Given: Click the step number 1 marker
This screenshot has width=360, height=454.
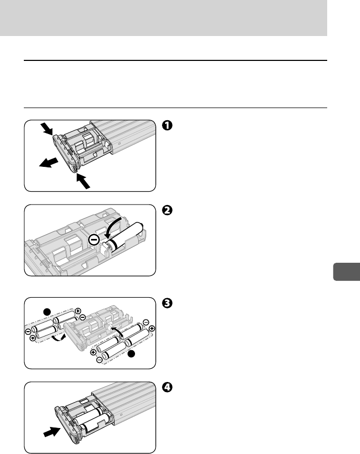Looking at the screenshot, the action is click(167, 126).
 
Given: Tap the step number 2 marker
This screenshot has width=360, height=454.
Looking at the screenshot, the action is click(167, 210).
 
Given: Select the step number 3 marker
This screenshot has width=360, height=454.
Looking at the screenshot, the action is click(167, 303).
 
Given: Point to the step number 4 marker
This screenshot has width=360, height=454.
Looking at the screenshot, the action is click(167, 387).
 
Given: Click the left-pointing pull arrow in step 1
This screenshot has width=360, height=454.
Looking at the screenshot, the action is click(49, 163).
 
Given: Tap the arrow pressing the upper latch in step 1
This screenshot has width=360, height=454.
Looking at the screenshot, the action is click(46, 129).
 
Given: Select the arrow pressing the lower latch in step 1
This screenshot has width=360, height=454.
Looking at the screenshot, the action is click(83, 181).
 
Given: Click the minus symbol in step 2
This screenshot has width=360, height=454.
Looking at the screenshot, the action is click(94, 240).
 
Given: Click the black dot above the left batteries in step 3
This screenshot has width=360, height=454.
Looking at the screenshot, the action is click(47, 312).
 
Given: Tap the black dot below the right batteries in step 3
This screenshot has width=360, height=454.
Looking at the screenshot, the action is click(131, 353).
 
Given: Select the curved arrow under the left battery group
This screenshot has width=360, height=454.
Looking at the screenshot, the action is click(58, 339).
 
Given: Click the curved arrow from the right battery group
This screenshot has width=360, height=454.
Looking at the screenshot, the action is click(118, 331).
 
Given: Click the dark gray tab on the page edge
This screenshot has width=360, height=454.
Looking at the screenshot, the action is click(346, 272).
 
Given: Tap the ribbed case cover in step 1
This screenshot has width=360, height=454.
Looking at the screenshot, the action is click(129, 136).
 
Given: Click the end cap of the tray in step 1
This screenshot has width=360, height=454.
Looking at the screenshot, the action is click(66, 154).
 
